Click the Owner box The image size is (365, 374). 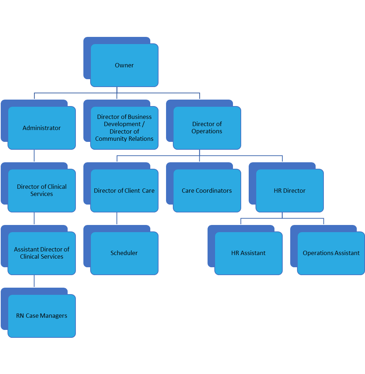124,65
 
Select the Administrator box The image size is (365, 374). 42,128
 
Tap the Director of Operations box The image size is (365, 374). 207,128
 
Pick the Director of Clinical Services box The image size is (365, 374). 42,190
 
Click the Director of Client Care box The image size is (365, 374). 124,191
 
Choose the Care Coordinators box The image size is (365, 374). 207,191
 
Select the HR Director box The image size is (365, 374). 289,191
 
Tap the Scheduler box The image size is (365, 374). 124,253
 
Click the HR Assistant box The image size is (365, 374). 248,253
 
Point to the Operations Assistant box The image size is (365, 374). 331,253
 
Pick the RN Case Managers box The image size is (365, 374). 42,316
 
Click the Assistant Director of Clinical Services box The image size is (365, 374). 42,253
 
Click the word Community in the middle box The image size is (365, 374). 109,139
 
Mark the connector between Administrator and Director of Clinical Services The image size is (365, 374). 34,155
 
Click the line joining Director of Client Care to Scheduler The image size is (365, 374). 117,218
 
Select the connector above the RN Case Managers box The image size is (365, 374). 34,281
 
